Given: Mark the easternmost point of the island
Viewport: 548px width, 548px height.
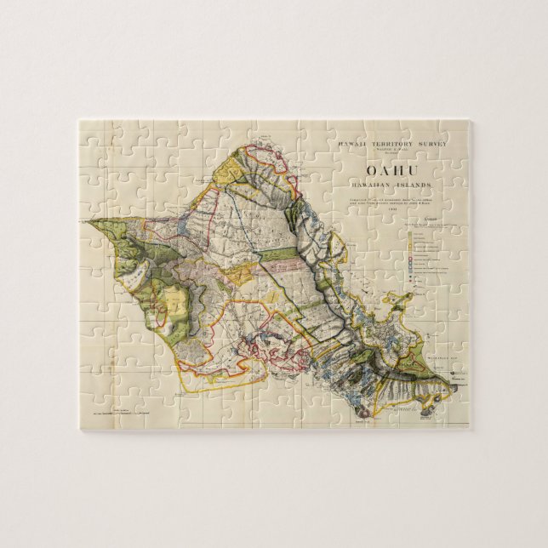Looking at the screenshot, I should click(x=457, y=387).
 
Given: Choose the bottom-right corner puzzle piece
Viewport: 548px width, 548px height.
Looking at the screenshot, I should click(x=455, y=413).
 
